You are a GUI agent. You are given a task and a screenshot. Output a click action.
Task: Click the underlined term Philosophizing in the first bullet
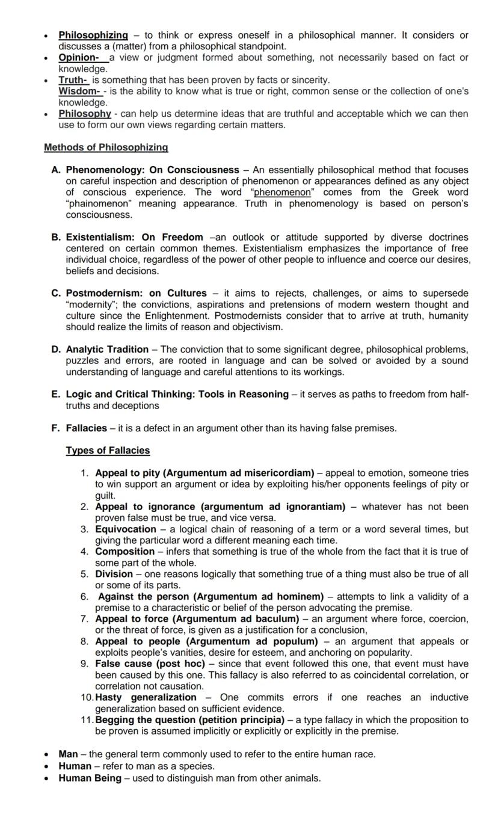pyautogui.click(x=93, y=35)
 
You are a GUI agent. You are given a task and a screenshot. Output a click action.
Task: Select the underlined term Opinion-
pyautogui.click(x=79, y=58)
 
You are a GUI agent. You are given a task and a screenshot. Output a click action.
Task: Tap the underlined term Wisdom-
pyautogui.click(x=79, y=91)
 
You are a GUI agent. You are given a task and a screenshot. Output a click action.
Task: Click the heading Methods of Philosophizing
pyautogui.click(x=106, y=147)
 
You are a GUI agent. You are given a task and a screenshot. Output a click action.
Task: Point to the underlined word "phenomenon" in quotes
pyautogui.click(x=282, y=193)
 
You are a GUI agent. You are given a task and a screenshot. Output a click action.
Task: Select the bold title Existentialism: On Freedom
pyautogui.click(x=134, y=238)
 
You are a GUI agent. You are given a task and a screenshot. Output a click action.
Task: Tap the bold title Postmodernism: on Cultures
pyautogui.click(x=136, y=294)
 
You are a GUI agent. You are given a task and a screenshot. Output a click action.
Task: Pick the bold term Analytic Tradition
pyautogui.click(x=107, y=350)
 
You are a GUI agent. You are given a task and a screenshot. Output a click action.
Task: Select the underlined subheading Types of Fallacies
pyautogui.click(x=108, y=451)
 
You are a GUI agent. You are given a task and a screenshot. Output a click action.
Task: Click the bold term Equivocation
pyautogui.click(x=126, y=529)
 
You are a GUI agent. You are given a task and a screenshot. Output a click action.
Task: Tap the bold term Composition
pyautogui.click(x=124, y=552)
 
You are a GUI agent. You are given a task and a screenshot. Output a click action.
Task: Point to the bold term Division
pyautogui.click(x=114, y=574)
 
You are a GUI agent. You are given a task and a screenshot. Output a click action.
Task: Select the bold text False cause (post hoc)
pyautogui.click(x=150, y=664)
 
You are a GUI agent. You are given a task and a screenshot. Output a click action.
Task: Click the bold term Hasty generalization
pyautogui.click(x=146, y=698)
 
